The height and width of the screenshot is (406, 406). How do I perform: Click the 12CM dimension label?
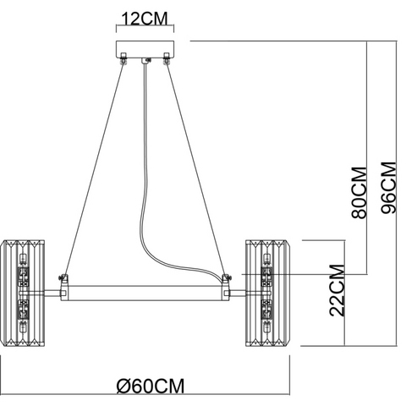(x=145, y=19)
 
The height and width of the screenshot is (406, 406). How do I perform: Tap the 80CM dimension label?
(x=359, y=193)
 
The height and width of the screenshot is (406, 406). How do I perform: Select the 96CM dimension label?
(x=389, y=188)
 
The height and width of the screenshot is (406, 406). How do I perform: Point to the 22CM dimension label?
(x=337, y=290)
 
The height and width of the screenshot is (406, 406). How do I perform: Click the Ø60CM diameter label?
(x=151, y=386)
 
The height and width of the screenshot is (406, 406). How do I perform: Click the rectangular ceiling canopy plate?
(x=145, y=49)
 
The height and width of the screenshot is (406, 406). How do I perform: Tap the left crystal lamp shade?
(x=24, y=294)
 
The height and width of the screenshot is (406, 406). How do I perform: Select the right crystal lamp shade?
(x=266, y=294)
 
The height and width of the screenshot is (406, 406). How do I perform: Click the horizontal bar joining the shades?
(x=145, y=294)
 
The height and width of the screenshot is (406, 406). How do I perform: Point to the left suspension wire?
(x=95, y=169)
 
